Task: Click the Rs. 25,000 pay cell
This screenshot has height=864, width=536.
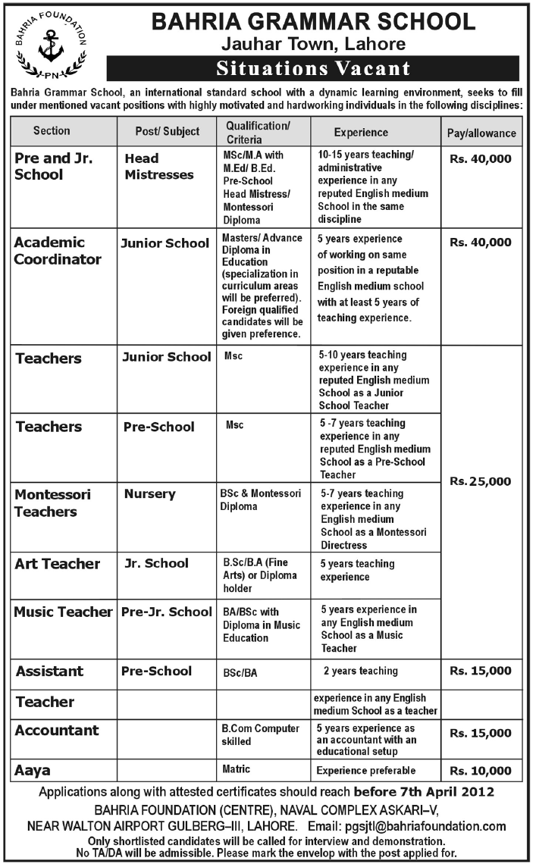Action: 481,481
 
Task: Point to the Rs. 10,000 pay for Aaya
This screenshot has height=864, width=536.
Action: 481,771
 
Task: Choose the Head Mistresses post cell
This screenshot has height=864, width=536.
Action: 159,167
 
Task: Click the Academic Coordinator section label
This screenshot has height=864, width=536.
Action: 58,251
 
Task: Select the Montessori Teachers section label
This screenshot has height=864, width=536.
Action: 53,502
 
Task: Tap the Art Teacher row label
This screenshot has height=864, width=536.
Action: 58,564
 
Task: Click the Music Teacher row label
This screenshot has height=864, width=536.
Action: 64,612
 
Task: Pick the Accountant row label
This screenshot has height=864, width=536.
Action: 58,731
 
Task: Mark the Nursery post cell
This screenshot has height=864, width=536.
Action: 150,494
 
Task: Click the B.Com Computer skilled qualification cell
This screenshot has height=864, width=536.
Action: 261,735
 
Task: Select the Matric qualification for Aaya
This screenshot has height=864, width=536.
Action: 237,769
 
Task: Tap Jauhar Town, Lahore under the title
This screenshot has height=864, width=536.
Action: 313,44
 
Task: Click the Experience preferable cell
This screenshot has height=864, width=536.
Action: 366,771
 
